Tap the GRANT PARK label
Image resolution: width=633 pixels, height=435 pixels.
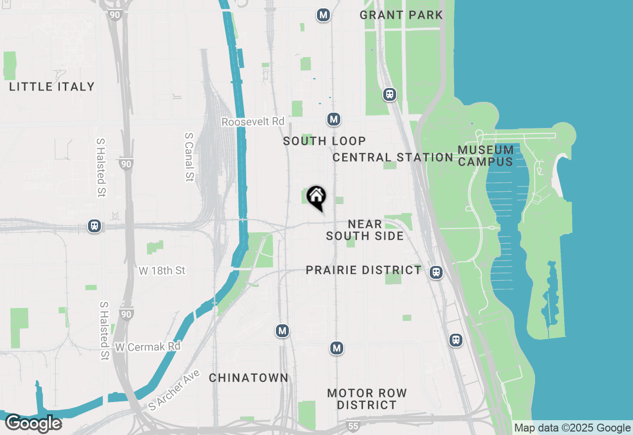point(401,15)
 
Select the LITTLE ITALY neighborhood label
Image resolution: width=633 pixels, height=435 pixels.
point(52,87)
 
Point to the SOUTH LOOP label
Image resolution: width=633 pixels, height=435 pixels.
point(324,141)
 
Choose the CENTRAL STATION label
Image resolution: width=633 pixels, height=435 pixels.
point(393,157)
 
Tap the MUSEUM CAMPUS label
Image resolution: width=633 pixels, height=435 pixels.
point(486,156)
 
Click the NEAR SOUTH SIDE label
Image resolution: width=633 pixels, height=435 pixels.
point(365,230)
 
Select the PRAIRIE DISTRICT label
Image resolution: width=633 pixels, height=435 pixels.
point(363,270)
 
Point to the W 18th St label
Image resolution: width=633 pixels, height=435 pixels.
point(162,271)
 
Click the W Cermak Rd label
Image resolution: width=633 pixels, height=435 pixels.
point(148,347)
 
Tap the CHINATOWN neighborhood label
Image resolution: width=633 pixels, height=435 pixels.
point(248,378)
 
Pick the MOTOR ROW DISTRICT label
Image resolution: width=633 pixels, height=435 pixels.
point(367,399)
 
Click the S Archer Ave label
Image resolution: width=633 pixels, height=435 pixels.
point(174,390)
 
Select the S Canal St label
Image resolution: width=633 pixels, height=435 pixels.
point(188,157)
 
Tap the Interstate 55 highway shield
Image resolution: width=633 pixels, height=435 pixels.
point(353,426)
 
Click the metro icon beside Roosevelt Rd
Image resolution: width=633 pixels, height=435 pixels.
point(334,119)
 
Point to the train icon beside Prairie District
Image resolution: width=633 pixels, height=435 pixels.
point(436,272)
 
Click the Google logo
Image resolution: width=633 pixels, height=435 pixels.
point(33,424)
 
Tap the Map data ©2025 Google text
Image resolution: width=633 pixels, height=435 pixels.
point(572,428)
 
